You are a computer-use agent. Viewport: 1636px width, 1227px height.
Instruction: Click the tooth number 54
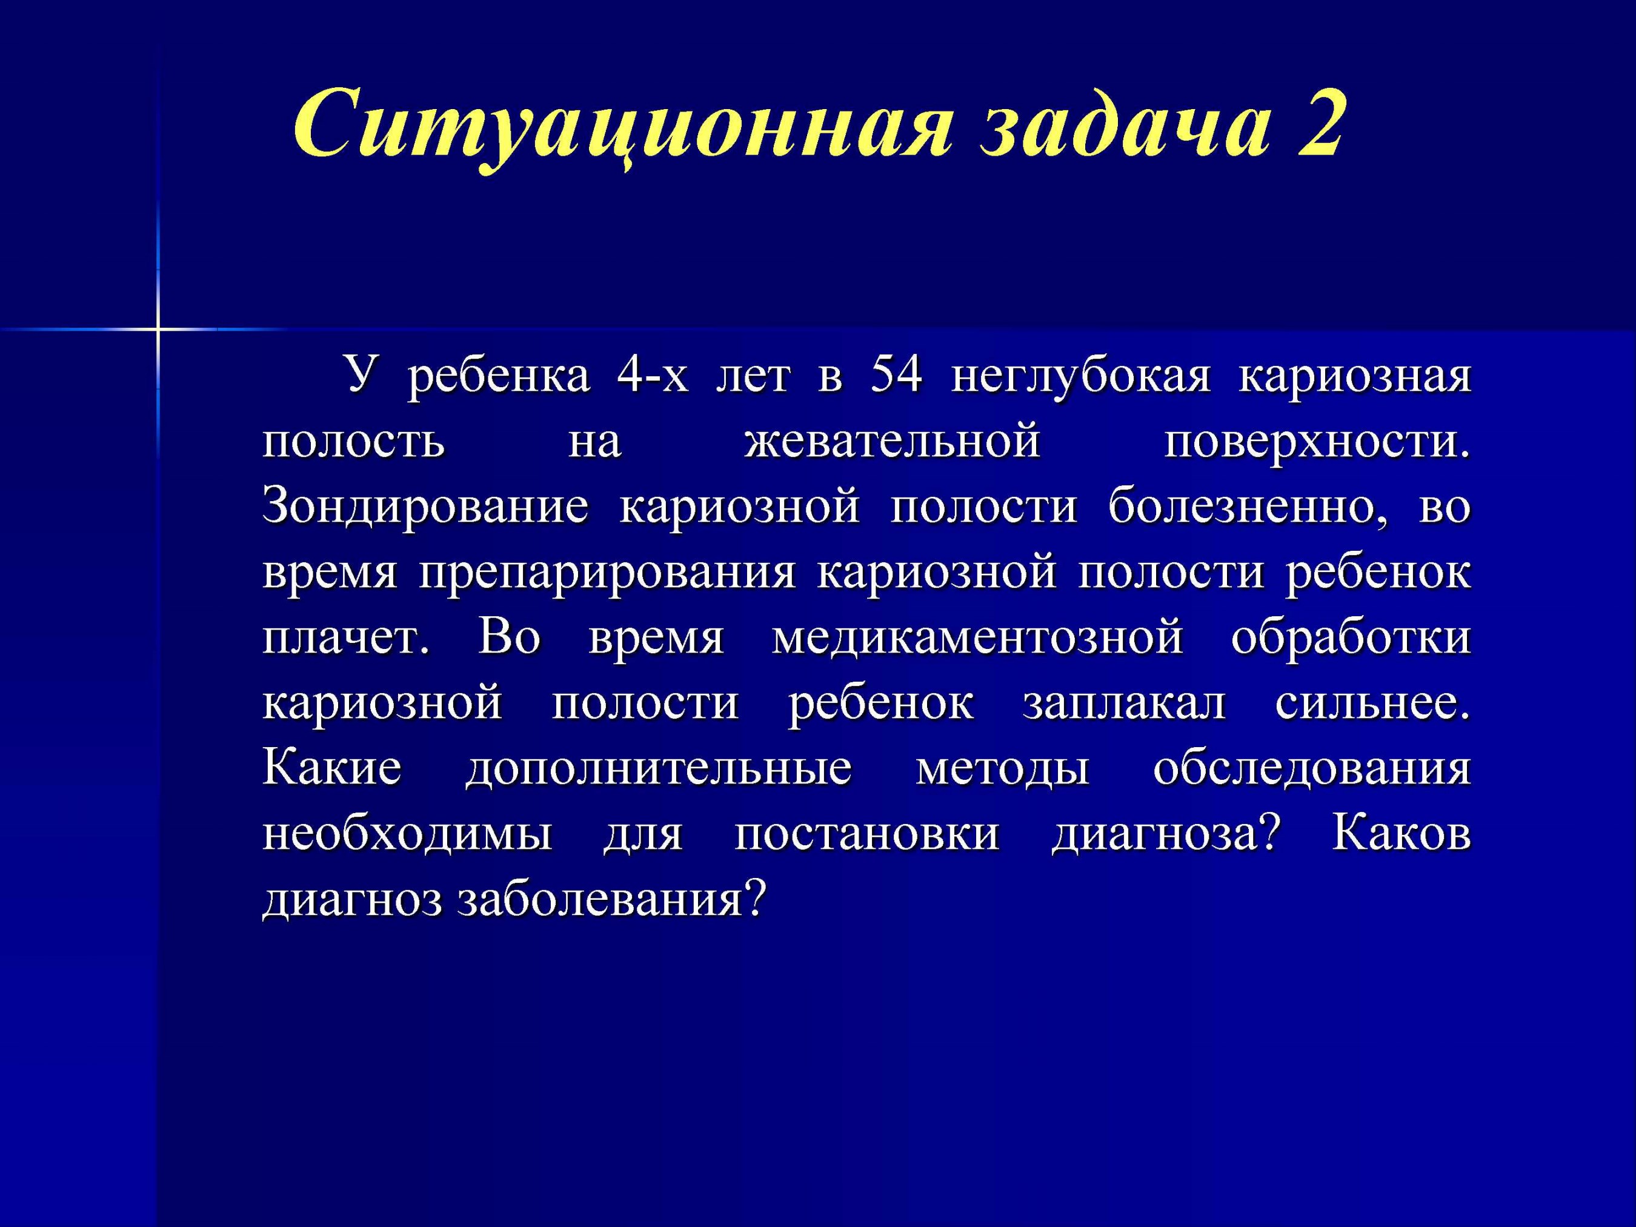pos(896,374)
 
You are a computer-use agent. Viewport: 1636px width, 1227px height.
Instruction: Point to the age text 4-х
pos(651,374)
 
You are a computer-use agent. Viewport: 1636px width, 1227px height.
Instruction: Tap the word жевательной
pos(892,443)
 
